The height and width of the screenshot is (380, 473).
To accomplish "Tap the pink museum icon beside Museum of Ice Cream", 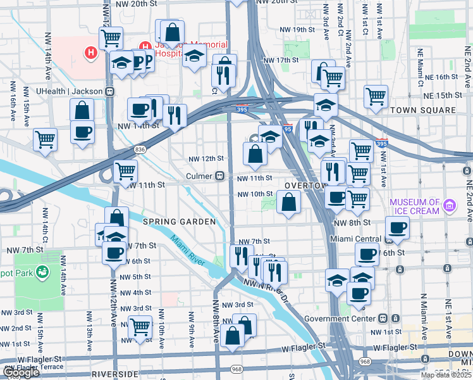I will [x=450, y=205].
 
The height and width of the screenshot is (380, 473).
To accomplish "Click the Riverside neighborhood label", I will [x=115, y=374].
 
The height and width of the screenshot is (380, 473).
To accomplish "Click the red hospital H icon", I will [x=92, y=52].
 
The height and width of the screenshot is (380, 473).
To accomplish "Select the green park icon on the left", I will [x=43, y=273].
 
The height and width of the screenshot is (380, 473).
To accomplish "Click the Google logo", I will [x=21, y=373].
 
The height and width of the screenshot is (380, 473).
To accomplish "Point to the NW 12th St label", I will [x=207, y=158].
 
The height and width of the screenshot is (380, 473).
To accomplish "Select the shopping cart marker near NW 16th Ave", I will [x=45, y=139].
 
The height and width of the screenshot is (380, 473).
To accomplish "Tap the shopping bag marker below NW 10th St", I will [x=288, y=203].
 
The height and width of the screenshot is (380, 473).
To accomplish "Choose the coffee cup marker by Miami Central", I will [x=397, y=228].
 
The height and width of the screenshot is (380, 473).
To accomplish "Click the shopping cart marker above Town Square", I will [x=376, y=96].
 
